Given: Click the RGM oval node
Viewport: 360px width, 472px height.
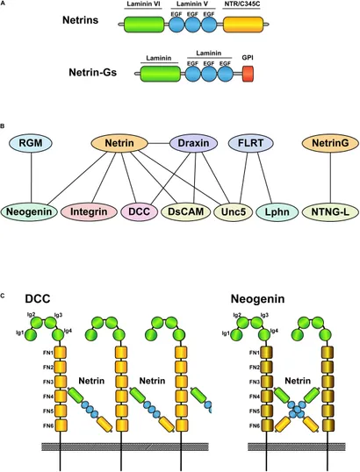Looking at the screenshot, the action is click(31, 143).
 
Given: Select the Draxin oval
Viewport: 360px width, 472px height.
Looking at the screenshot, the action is click(193, 143).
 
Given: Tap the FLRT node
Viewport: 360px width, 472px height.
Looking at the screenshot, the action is click(251, 143).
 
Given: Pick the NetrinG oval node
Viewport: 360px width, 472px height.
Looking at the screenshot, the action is click(330, 143).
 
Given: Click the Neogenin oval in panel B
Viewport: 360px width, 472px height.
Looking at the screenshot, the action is click(29, 211).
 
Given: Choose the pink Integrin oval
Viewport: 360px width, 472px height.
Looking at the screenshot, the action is click(89, 211).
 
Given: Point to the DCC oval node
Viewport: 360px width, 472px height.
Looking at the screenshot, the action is click(140, 211).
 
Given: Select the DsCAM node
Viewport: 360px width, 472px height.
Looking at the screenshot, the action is click(185, 211).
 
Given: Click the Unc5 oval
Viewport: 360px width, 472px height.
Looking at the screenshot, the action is click(234, 211).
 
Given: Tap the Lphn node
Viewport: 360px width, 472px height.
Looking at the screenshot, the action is click(277, 211).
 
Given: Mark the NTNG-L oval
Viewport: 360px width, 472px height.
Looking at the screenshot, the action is click(330, 211).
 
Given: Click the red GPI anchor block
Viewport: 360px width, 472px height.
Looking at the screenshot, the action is click(248, 74).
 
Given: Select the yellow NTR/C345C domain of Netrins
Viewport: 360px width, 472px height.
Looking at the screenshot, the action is click(243, 25).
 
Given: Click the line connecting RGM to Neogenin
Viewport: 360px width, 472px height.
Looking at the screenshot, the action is click(31, 177).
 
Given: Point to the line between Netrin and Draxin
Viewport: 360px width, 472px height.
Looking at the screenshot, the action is click(159, 143).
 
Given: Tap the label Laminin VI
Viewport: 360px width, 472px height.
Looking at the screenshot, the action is click(143, 4).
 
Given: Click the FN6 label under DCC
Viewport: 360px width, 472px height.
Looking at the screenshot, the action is click(48, 426).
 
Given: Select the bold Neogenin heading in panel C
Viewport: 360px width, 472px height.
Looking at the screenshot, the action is click(257, 299).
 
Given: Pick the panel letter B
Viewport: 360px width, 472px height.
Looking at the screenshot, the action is click(2, 126).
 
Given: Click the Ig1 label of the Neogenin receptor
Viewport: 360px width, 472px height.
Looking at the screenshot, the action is click(226, 333).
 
